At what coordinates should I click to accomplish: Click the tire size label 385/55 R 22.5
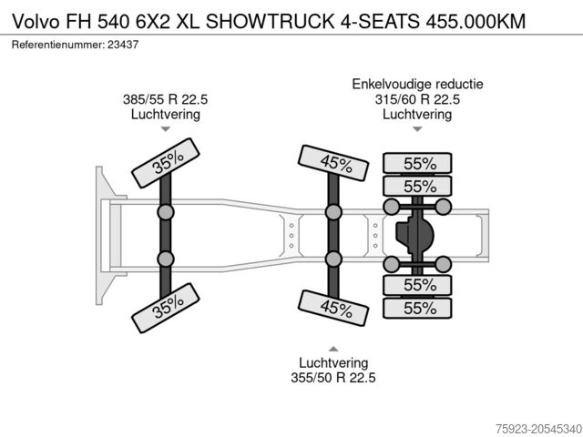tap(165, 99)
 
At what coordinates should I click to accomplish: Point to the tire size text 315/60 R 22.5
tap(417, 99)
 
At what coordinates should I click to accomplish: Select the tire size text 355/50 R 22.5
tap(332, 378)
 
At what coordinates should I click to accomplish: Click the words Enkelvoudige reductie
tap(417, 84)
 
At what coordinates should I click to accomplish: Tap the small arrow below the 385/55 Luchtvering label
tap(165, 130)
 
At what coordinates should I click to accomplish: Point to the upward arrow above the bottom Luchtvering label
tap(332, 347)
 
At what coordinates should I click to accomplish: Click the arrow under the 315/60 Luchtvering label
tap(417, 130)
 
